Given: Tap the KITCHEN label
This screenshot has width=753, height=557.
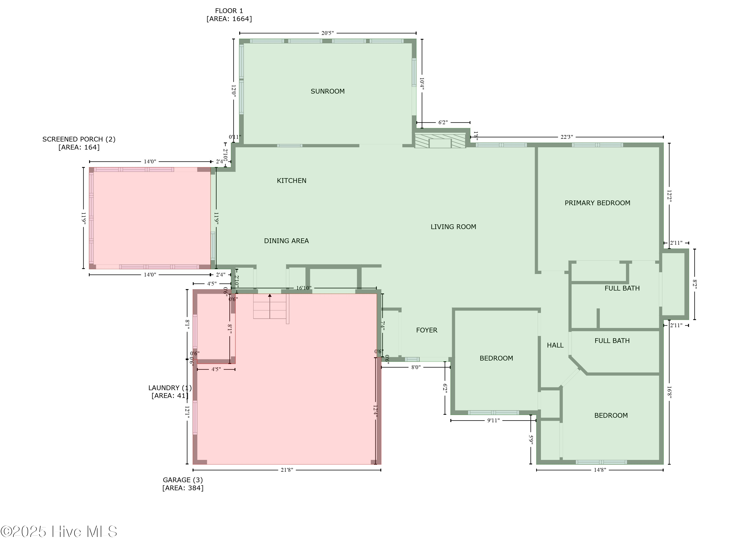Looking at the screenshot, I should (x=291, y=181).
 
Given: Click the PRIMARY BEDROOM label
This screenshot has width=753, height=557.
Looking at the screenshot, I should (x=597, y=203).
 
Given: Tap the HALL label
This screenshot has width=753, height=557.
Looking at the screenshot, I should (x=555, y=345).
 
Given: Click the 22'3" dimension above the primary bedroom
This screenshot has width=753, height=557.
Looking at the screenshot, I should (x=567, y=137).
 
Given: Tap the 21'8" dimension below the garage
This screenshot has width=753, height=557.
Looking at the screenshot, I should (x=287, y=470).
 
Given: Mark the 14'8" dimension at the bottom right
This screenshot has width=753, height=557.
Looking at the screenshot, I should (x=600, y=470).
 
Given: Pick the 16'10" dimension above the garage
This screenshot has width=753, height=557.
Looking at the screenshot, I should (x=303, y=288).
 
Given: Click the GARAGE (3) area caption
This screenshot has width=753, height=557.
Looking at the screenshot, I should (x=182, y=484).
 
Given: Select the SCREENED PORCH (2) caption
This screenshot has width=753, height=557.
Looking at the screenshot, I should (x=79, y=143).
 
